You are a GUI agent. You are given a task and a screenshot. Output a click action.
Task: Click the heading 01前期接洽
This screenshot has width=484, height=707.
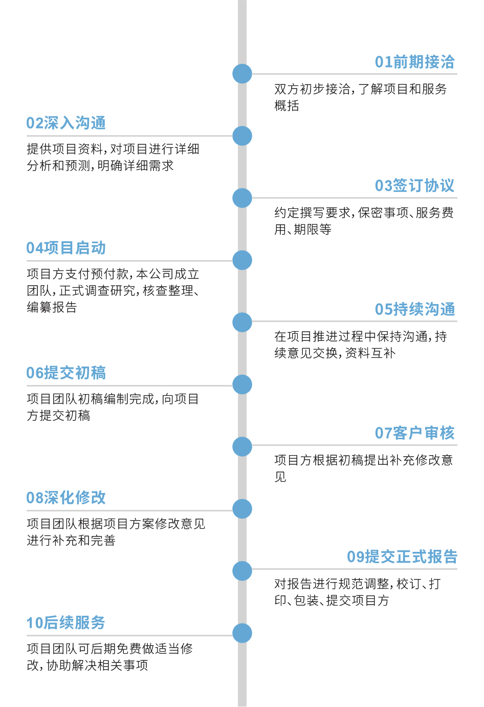(414, 62)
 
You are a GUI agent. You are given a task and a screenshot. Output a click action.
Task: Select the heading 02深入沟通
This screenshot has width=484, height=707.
(66, 123)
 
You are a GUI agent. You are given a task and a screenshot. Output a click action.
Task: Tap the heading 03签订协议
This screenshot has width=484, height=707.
(414, 186)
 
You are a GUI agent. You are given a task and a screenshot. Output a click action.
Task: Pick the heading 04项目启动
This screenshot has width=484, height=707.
(66, 248)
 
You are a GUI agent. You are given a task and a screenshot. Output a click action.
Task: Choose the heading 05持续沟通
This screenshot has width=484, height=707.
(414, 310)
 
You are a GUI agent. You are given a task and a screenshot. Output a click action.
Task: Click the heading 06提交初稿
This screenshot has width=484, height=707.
(66, 373)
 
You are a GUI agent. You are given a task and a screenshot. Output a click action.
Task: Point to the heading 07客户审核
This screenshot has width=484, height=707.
(414, 434)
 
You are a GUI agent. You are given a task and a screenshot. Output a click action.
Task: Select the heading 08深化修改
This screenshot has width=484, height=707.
(66, 498)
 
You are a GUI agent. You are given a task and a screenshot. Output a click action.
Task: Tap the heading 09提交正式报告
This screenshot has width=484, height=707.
(402, 557)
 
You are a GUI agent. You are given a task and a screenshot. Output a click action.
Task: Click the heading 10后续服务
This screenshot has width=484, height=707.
(66, 623)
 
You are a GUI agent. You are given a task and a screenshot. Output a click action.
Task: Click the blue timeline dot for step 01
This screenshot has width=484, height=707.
(242, 74)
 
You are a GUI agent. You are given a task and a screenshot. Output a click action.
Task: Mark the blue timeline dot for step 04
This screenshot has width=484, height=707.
(242, 260)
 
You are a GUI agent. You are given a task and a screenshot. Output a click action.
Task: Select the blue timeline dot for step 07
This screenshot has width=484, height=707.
(242, 446)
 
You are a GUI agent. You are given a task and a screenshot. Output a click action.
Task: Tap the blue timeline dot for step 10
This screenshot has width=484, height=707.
(242, 633)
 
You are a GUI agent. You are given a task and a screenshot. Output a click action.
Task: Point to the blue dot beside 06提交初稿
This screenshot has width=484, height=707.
(242, 384)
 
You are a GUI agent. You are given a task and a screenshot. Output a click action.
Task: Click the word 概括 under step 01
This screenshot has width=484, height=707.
(287, 106)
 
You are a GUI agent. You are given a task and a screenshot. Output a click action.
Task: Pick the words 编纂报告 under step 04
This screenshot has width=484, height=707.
(52, 307)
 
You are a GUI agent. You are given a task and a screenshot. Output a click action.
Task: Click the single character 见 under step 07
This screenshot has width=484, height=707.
(280, 477)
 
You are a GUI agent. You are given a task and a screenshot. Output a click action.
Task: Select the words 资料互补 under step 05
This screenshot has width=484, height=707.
(370, 353)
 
